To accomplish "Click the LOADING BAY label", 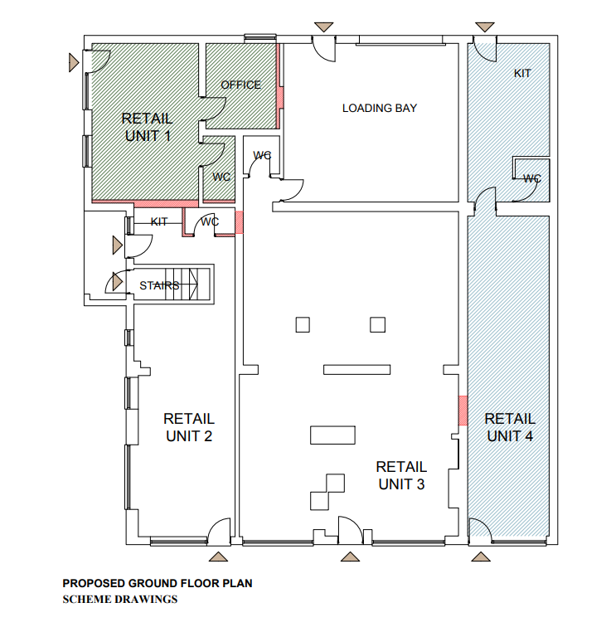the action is [x=380, y=108].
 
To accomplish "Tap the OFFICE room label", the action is [x=240, y=85].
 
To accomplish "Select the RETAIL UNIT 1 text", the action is [x=148, y=127].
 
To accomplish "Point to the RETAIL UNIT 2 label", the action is [x=189, y=427].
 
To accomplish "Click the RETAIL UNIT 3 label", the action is [x=401, y=475].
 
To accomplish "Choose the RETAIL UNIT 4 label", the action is [x=510, y=427].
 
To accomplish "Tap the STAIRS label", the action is [x=159, y=285].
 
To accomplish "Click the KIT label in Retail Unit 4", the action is [x=522, y=73].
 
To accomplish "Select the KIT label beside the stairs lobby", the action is [x=159, y=221].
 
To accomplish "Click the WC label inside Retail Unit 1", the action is [x=221, y=177].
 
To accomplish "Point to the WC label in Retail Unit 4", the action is [x=532, y=178].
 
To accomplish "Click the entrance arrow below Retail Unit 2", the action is [x=218, y=557].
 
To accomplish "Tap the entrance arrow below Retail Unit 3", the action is [x=350, y=557].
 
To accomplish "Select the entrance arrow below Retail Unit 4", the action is [x=481, y=557].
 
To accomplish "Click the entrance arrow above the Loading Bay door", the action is [x=324, y=27].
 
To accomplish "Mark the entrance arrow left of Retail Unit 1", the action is [x=74, y=63].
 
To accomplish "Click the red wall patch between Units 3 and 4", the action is [x=463, y=411].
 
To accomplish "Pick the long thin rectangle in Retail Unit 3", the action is [x=357, y=370].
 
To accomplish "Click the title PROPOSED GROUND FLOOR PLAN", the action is [x=158, y=583].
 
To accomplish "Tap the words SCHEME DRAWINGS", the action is [x=120, y=599].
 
